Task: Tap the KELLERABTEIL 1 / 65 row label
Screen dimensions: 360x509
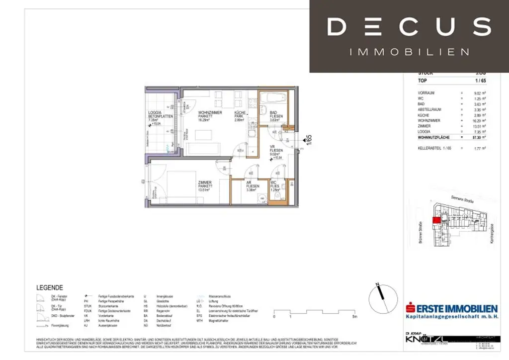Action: tap(435, 148)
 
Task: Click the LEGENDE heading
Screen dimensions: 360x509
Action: tap(50, 287)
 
